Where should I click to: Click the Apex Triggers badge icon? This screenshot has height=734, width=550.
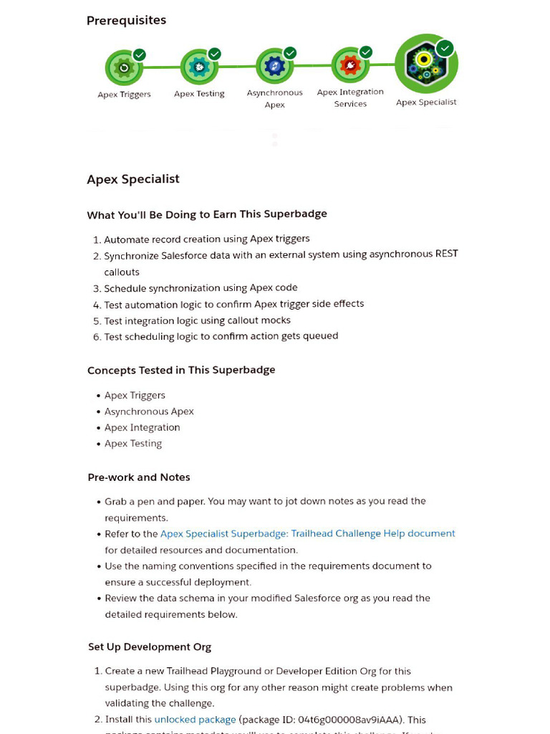coord(124,68)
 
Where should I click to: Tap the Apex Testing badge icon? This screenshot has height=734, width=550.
coord(199,67)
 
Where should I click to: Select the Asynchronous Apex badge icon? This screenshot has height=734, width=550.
coord(274,67)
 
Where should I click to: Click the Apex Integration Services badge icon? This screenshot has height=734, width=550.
coord(350,66)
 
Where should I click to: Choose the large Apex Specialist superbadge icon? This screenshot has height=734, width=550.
coord(426,64)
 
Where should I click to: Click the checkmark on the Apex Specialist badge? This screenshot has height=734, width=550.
coord(445,48)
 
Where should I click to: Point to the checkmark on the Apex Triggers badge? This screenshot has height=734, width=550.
coord(140,54)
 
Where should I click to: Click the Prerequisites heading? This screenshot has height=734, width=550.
coord(126,20)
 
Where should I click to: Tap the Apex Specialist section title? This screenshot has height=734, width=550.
coord(133,179)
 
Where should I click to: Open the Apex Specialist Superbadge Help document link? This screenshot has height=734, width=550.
coord(307,533)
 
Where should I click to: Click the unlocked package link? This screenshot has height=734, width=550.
coord(195,719)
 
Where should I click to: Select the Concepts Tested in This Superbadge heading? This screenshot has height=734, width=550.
coord(181,370)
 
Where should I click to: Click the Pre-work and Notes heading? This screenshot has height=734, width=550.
coord(139,477)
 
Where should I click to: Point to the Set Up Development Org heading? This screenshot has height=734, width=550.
coord(150,647)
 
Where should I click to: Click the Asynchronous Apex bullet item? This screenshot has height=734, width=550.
coord(149,411)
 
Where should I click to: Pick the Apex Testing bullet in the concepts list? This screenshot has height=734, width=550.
coord(133,444)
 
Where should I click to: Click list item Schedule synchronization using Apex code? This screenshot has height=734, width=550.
coord(201,288)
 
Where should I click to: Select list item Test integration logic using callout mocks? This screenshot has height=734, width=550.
coord(197,320)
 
